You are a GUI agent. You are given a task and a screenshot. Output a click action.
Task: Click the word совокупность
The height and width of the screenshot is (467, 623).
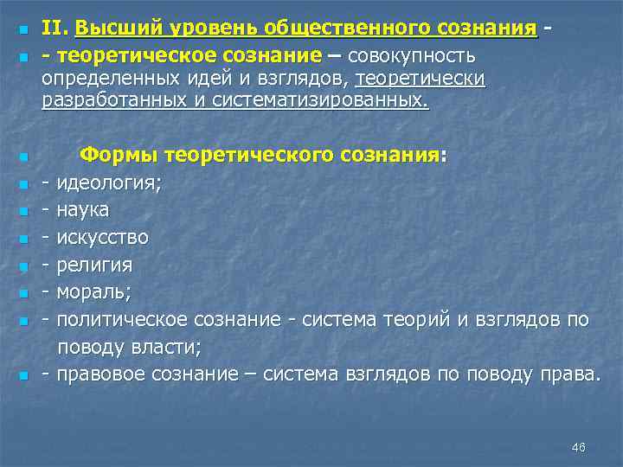pyautogui.click(x=413, y=55)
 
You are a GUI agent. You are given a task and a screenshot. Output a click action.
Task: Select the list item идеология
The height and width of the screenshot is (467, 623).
pyautogui.click(x=108, y=183)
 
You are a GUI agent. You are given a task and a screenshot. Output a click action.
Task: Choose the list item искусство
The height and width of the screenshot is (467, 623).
pyautogui.click(x=102, y=236)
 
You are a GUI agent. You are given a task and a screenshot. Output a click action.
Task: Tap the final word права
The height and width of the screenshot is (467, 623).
pyautogui.click(x=573, y=374)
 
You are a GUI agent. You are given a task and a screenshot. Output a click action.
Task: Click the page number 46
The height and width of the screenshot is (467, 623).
pyautogui.click(x=579, y=447)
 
